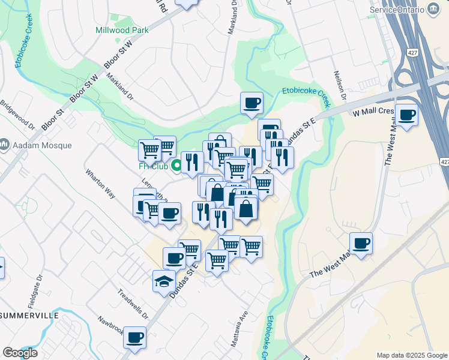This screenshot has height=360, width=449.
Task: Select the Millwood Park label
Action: (x=122, y=29)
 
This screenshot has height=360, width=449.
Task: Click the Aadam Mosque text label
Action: (x=41, y=145)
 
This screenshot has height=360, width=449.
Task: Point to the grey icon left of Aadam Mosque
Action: (x=4, y=145)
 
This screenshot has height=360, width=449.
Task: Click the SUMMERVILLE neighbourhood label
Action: (x=29, y=315)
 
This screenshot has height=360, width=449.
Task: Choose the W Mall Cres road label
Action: (x=373, y=112)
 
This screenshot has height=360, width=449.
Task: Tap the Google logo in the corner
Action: (x=20, y=353)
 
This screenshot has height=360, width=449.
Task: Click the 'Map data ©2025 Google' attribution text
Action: (x=411, y=355)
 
